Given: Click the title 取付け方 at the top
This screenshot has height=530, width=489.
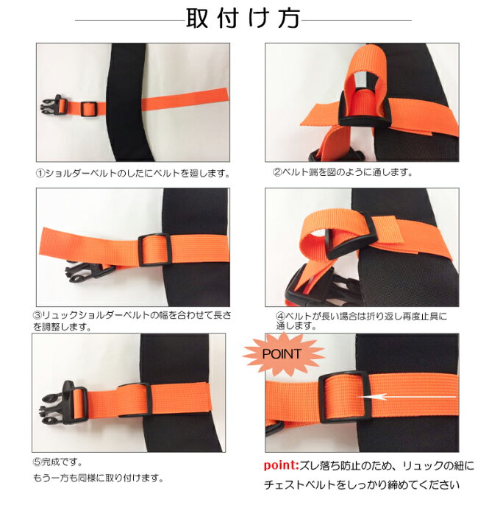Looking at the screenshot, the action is (243, 18).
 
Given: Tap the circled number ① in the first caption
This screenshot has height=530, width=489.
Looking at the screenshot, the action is (40, 174).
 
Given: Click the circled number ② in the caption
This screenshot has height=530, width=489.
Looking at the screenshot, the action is (277, 172).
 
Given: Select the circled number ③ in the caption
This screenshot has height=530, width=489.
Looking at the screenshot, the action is (38, 315).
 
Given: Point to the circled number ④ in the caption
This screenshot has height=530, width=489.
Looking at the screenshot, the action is (281, 317).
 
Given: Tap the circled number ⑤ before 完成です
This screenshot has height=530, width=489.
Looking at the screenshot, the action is (38, 462).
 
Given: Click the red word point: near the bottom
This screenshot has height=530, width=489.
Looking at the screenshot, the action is (282, 465).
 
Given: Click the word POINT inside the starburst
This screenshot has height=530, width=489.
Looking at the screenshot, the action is (282, 354).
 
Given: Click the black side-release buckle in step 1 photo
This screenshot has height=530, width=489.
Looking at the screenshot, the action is (54, 106).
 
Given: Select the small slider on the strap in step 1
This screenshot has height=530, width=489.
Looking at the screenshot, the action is (89, 109).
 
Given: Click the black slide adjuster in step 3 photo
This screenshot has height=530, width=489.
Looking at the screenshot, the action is (154, 250).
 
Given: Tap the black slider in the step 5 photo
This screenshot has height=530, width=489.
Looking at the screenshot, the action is (135, 400).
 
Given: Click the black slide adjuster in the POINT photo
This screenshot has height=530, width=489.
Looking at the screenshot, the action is (344, 397).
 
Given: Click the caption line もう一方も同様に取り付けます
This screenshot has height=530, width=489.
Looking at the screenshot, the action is (99, 478).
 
